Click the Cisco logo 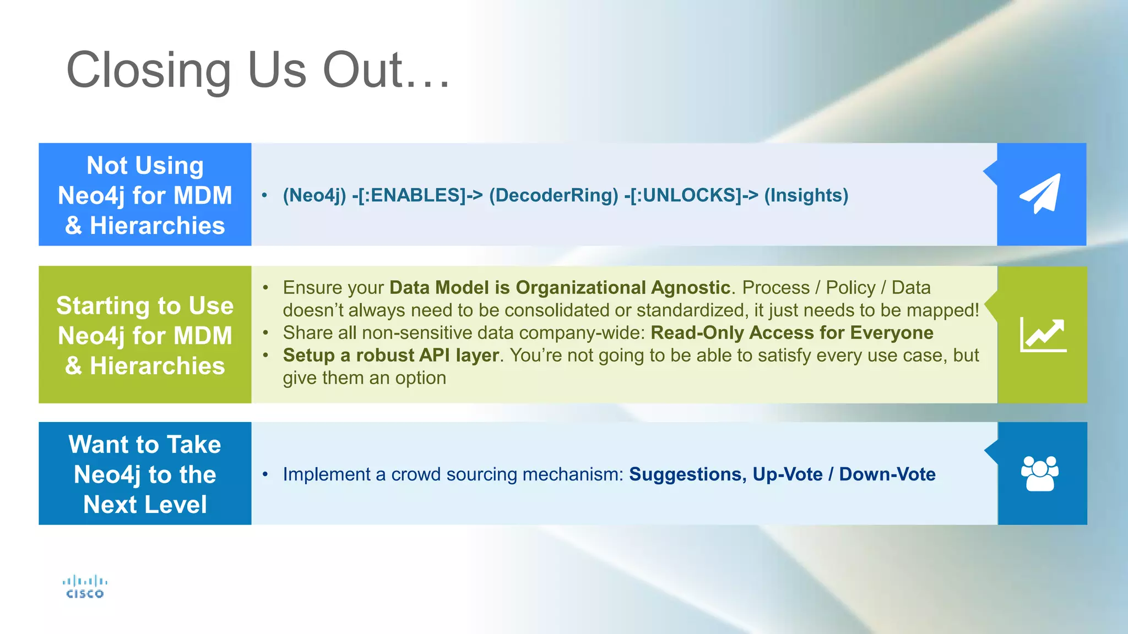[85, 587]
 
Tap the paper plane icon [1040, 194]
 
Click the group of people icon [1040, 473]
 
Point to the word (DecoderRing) [554, 195]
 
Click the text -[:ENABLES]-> [417, 195]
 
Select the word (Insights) [806, 195]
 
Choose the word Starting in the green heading [103, 306]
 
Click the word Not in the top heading [107, 166]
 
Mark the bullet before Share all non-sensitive [265, 332]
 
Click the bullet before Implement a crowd [265, 474]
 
